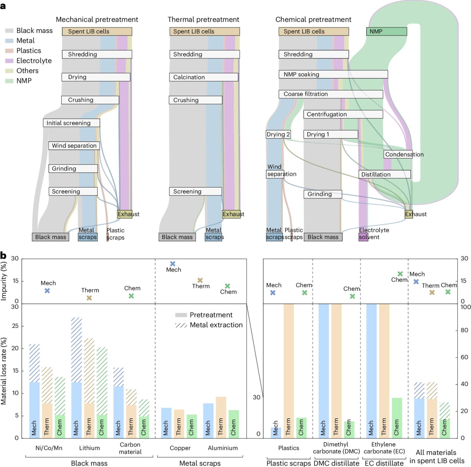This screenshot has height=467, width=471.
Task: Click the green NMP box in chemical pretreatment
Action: (387, 31)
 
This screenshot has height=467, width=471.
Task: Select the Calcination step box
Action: (204, 77)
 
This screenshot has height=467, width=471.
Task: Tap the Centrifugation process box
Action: (343, 114)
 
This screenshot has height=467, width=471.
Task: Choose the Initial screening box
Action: (71, 123)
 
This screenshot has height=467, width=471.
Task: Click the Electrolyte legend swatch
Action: (9, 61)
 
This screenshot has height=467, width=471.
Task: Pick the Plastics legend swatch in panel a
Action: (9, 51)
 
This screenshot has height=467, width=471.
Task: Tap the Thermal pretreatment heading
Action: (203, 20)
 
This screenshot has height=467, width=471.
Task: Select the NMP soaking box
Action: (333, 74)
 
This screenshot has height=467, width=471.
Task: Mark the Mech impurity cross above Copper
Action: (173, 264)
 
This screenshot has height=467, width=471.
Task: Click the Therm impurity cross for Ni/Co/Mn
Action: (89, 298)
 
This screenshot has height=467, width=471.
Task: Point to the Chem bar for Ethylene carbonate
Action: (397, 418)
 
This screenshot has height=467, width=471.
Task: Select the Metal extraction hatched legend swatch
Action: (181, 325)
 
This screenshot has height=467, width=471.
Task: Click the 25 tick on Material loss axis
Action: (15, 326)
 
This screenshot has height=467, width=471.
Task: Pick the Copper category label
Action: (180, 448)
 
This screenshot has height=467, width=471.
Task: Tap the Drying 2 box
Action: (278, 134)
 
